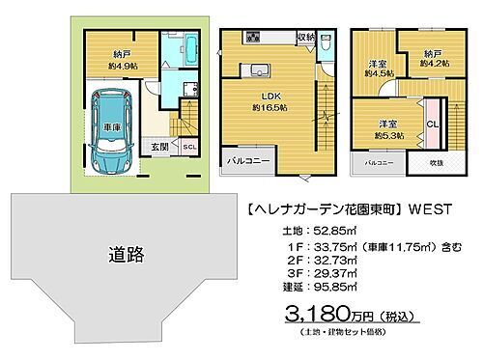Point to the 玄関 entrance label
click(160, 148)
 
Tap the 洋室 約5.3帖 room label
click(388, 129)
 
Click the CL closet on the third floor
click(432, 124)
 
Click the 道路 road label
click(127, 255)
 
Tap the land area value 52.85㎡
click(314, 231)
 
